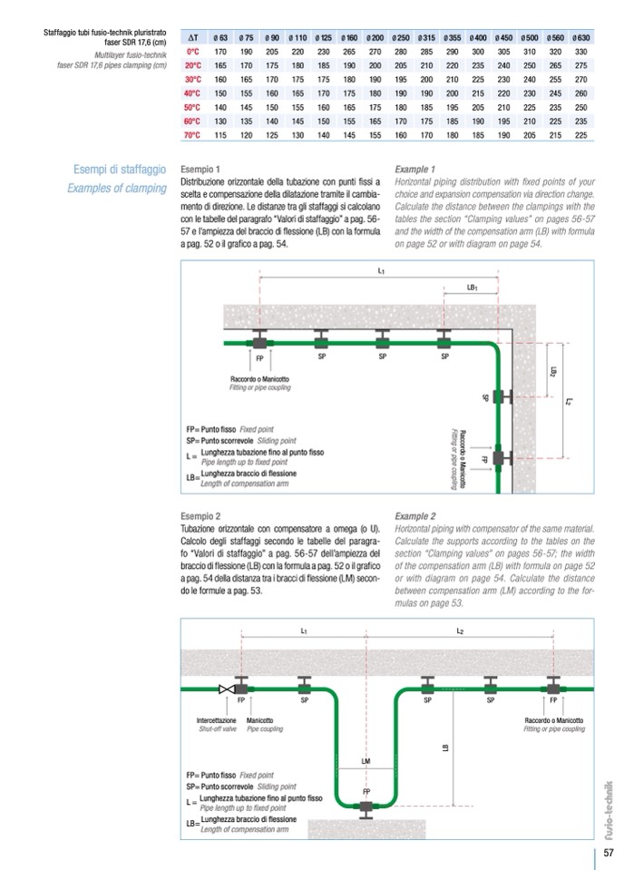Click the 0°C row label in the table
[x=192, y=53]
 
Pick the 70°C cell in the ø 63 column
[x=220, y=135]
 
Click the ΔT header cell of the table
[x=192, y=38]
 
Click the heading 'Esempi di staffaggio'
[x=120, y=170]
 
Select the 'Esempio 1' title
[x=200, y=170]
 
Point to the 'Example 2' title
[x=416, y=515]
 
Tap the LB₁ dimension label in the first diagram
[x=473, y=287]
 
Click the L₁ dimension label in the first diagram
[x=382, y=270]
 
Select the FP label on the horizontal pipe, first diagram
[x=260, y=356]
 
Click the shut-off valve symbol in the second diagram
[x=226, y=689]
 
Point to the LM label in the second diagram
[x=365, y=760]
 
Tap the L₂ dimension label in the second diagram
[x=460, y=631]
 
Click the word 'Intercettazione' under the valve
[x=218, y=719]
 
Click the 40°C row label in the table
[x=192, y=93]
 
